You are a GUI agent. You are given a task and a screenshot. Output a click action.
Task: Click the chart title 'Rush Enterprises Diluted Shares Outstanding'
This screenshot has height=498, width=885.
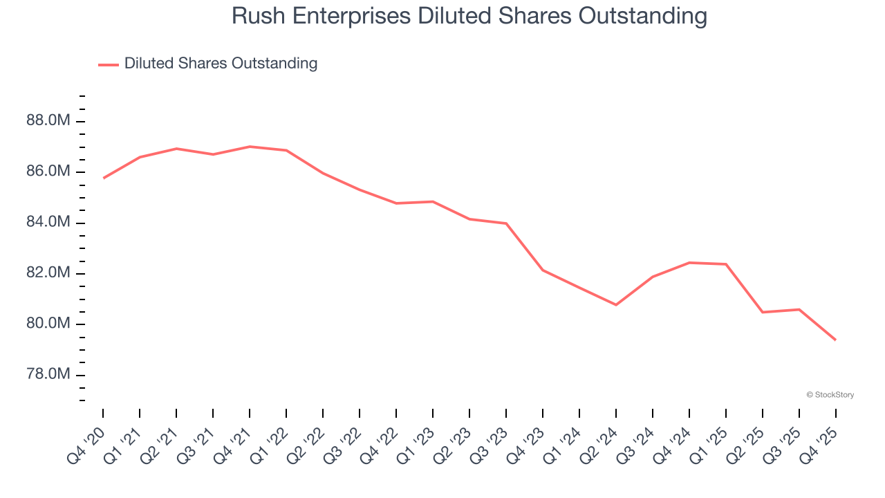pos(469,16)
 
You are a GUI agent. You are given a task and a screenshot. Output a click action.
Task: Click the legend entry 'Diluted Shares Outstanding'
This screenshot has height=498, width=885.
pos(221,64)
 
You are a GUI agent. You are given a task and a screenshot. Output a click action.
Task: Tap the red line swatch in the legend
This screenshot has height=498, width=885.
pos(109,64)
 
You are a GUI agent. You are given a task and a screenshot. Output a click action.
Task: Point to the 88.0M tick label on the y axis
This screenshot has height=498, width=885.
pos(48,121)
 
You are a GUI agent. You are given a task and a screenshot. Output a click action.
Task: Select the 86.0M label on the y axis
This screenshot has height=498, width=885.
pos(48,172)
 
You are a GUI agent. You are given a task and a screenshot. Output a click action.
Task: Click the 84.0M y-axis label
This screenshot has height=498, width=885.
pos(48,223)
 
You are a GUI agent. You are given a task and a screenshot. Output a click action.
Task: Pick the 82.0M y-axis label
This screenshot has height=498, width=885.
pos(48,273)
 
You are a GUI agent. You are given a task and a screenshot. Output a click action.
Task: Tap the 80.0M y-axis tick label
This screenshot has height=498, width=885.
pos(48,324)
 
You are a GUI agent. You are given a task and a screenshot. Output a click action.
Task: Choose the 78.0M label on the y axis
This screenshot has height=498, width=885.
pos(48,375)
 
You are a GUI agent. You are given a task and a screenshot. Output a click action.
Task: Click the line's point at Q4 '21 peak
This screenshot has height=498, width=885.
pos(250,147)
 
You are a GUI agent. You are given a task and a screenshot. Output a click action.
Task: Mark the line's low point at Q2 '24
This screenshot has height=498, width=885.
pos(616,305)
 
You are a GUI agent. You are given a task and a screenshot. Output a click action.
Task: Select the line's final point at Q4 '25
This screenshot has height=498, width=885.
pos(836,340)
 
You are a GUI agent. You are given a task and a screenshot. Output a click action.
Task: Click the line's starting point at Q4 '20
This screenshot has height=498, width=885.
pos(103,178)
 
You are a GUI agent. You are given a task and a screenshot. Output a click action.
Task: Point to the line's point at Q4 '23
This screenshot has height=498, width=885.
pos(543,270)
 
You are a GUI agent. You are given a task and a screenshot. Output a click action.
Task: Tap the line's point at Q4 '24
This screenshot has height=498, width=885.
pos(689,263)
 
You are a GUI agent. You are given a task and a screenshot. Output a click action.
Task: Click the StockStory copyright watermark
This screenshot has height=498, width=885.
pos(830,395)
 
